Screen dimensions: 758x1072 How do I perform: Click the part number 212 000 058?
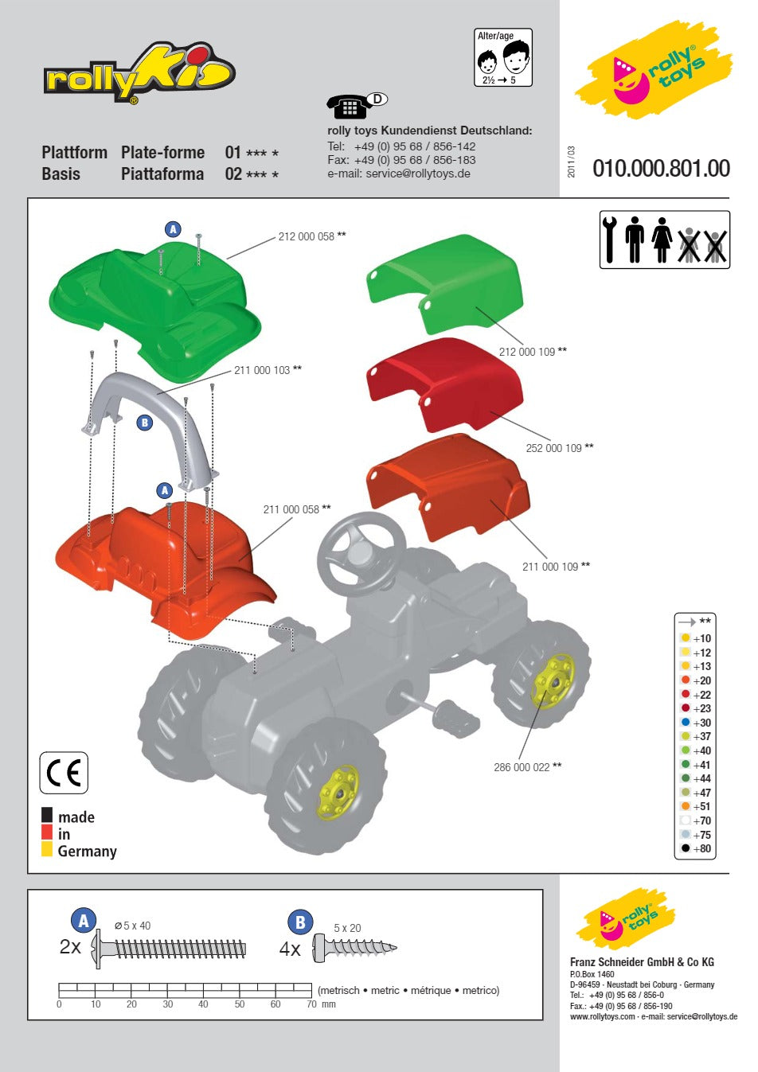point(306,236)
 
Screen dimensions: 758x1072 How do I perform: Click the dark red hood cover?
point(445,384)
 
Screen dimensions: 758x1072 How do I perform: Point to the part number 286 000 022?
point(522,767)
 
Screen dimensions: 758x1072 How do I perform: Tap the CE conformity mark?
point(64,773)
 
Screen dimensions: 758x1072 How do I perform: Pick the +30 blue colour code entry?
point(696,723)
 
